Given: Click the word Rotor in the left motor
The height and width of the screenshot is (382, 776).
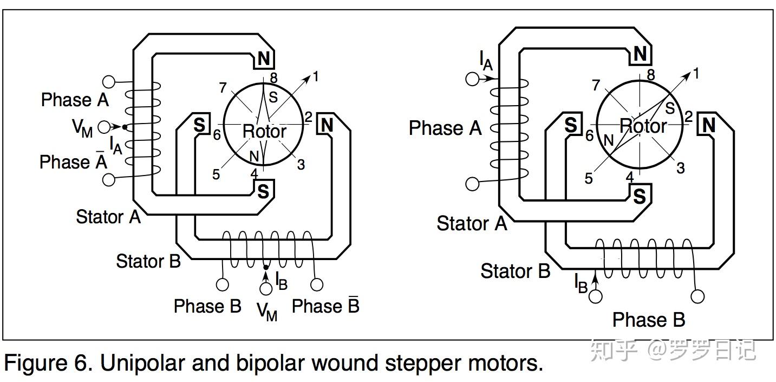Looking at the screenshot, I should click(264, 131).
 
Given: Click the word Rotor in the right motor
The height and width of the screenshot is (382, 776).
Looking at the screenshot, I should click(643, 126).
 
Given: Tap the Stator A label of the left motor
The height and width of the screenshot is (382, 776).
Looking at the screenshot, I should click(108, 217).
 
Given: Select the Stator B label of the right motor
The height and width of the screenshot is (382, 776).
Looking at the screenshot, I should click(515, 270).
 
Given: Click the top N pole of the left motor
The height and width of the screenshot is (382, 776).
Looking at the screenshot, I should click(264, 59).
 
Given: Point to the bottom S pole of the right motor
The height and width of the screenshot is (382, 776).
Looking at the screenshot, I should click(640, 196).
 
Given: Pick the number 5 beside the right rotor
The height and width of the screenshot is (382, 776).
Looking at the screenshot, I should click(589, 178).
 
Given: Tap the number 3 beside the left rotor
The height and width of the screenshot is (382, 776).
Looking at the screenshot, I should click(301, 164).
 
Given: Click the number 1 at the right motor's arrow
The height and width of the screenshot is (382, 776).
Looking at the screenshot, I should click(696, 73).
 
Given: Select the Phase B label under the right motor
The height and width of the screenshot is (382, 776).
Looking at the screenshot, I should click(648, 320).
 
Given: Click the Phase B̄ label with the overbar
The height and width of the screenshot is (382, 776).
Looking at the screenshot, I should click(325, 306).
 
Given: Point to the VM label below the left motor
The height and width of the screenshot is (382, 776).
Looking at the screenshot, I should click(266, 311).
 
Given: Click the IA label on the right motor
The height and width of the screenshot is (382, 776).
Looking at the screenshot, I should click(485, 60).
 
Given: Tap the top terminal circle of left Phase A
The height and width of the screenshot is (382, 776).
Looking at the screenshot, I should click(109, 82).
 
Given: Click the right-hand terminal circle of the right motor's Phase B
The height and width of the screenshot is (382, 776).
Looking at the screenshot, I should click(698, 296).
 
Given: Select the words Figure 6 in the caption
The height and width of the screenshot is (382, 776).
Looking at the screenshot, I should click(48, 363).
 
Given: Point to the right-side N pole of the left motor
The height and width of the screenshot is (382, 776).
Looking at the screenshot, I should click(327, 125).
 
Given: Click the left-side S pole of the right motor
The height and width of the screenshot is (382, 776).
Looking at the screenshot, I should click(570, 125).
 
